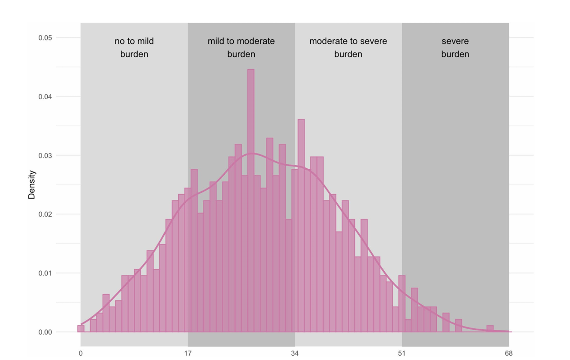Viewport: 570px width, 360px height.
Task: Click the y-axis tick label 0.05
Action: (x=45, y=38)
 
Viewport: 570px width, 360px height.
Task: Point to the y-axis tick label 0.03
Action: (x=45, y=156)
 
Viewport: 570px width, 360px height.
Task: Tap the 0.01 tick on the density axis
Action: (x=45, y=273)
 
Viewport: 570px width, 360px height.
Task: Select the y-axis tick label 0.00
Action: (x=45, y=332)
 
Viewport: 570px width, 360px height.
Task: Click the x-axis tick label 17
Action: (x=188, y=354)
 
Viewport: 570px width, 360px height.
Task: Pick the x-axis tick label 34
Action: (x=295, y=354)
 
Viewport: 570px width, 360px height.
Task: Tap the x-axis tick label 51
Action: (x=402, y=354)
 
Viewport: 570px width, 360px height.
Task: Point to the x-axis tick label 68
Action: (x=509, y=354)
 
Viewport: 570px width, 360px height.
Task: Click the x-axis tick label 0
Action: (x=81, y=354)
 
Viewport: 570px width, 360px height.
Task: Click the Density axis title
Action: (x=32, y=185)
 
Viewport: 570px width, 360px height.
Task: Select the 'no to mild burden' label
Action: (x=134, y=48)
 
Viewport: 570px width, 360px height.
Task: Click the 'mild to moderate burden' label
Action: (x=241, y=48)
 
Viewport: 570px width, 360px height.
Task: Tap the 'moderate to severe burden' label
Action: (x=348, y=48)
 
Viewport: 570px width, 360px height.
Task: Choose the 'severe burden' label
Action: (x=455, y=48)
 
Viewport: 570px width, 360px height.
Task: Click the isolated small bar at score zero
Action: (x=81, y=329)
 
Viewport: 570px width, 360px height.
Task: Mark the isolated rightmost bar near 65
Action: (x=490, y=329)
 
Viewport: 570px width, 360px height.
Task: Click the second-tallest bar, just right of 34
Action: (x=301, y=224)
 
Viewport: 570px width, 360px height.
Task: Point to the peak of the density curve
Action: (x=252, y=153)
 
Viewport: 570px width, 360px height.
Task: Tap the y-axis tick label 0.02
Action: (x=45, y=214)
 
